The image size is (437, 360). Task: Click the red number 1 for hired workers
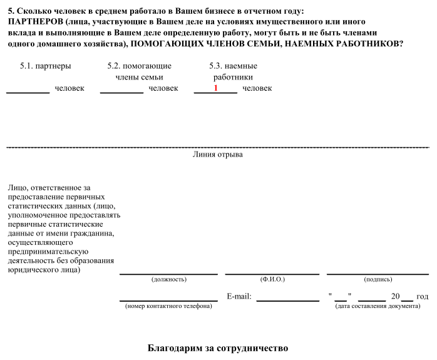pos(215,88)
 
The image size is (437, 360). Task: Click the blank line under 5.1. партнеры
pos(28,92)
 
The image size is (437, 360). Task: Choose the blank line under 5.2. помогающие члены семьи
pos(121,92)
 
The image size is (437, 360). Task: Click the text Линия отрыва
pos(218,154)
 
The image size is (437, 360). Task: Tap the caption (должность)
pos(169,279)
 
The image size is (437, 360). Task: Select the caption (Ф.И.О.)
pos(272,279)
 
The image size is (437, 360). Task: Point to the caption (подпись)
pos(378,279)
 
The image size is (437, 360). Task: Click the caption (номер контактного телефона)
pos(168,306)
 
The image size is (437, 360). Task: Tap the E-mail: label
pos(239,297)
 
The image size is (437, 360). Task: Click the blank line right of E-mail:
pos(287,301)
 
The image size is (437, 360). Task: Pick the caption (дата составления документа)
pos(378,306)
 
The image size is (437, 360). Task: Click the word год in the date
pos(423,297)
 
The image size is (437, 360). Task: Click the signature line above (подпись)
pos(378,274)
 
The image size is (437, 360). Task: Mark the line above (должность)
pos(168,274)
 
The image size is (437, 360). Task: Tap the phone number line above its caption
pos(168,301)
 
